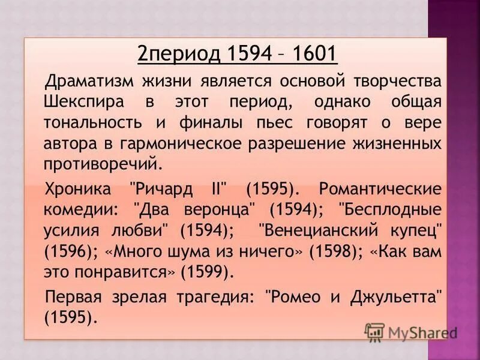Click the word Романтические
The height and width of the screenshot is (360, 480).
pos(380,190)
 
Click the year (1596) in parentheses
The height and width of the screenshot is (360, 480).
pos(67,252)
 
